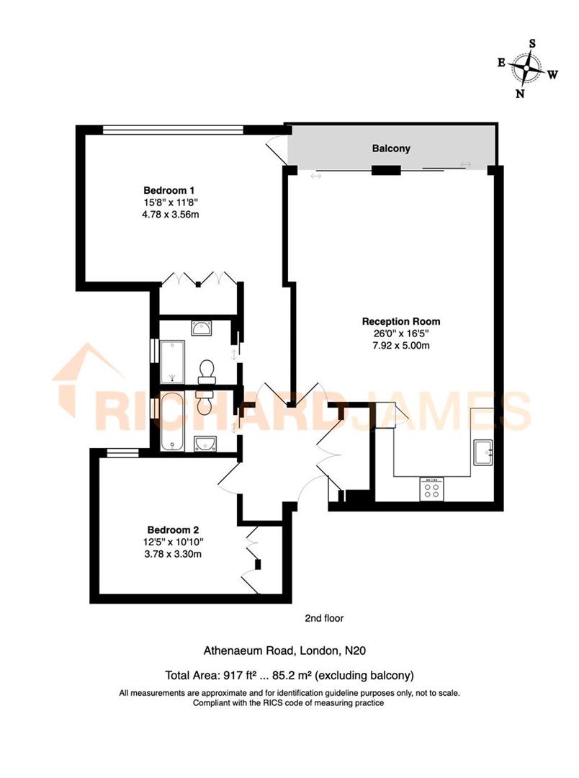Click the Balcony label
391,148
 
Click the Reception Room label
401,321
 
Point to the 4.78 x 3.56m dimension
171,215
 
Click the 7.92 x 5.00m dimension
401,345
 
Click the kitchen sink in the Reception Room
482,452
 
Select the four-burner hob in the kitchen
432,490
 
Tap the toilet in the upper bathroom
207,370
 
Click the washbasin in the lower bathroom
207,442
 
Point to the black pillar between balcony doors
386,171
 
